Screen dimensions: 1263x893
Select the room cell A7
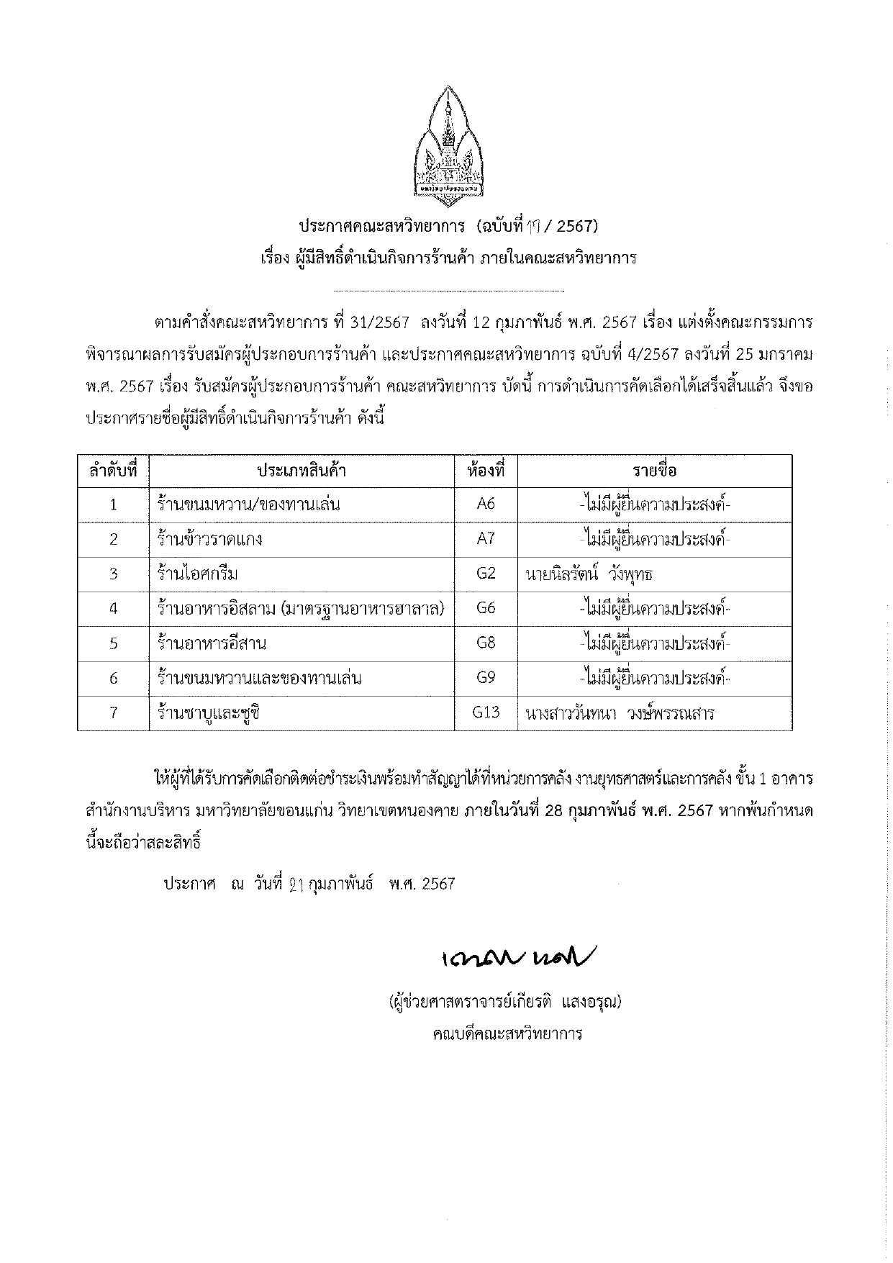point(486,539)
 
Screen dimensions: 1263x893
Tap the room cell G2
point(486,574)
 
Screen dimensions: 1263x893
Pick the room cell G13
point(486,713)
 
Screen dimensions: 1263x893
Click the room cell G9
point(486,678)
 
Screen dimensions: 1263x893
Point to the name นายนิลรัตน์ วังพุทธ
point(589,574)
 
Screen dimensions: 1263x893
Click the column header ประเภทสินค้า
point(302,471)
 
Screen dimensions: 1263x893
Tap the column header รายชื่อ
point(654,471)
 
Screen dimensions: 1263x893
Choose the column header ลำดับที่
point(113,471)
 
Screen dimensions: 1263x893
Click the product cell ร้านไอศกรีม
point(198,574)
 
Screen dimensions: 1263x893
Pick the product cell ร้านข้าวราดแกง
point(209,539)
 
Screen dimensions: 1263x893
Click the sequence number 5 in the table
point(113,643)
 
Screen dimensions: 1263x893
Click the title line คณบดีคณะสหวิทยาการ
point(507,1034)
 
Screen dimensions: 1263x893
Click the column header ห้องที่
point(486,471)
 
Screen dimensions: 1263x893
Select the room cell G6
point(486,609)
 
